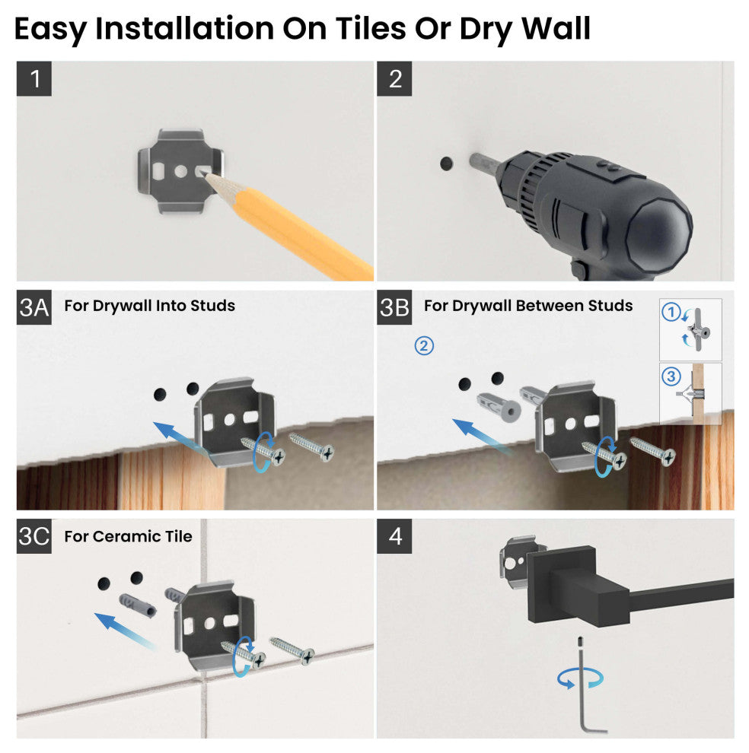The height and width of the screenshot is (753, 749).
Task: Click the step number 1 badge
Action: tap(34, 78)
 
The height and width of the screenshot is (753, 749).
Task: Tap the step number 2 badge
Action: tap(394, 78)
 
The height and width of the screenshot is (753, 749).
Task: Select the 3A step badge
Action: tap(34, 307)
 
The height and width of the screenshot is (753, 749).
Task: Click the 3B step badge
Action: tap(394, 307)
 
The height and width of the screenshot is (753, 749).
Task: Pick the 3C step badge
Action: tap(34, 536)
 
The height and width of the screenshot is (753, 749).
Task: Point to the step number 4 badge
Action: tap(394, 536)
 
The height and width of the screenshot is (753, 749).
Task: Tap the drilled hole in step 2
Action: tap(445, 164)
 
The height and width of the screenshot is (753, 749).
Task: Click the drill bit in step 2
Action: tap(482, 163)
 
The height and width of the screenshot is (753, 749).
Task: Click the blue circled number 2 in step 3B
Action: tap(424, 345)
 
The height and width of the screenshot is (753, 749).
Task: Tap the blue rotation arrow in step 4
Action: tap(575, 679)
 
